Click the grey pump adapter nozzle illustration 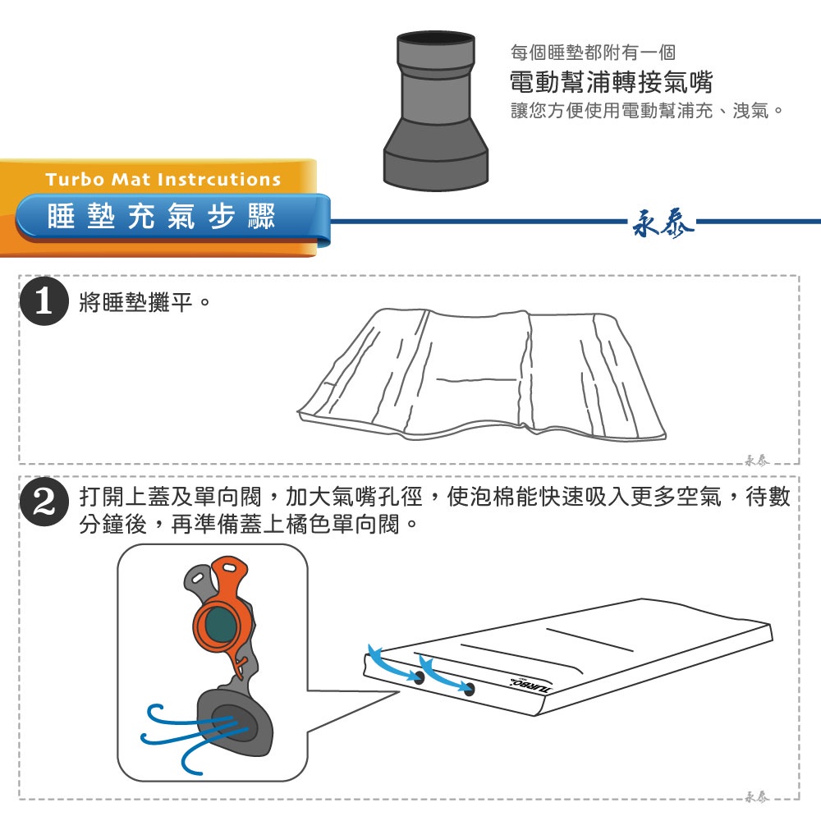pos(436,111)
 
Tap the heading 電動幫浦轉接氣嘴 pos(611,81)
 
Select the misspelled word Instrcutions pos(219,179)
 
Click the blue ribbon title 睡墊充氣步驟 pos(161,216)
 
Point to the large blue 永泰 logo pos(663,223)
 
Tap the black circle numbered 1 pos(44,300)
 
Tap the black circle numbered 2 pos(44,502)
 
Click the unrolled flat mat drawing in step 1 pos(482,373)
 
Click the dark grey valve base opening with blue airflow pos(236,722)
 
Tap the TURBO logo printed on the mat pos(530,685)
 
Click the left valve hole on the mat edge pos(419,677)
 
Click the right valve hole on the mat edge pos(469,689)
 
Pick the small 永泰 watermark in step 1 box pos(757,461)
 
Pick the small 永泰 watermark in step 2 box pos(757,796)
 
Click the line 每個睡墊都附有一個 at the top pos(593,53)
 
